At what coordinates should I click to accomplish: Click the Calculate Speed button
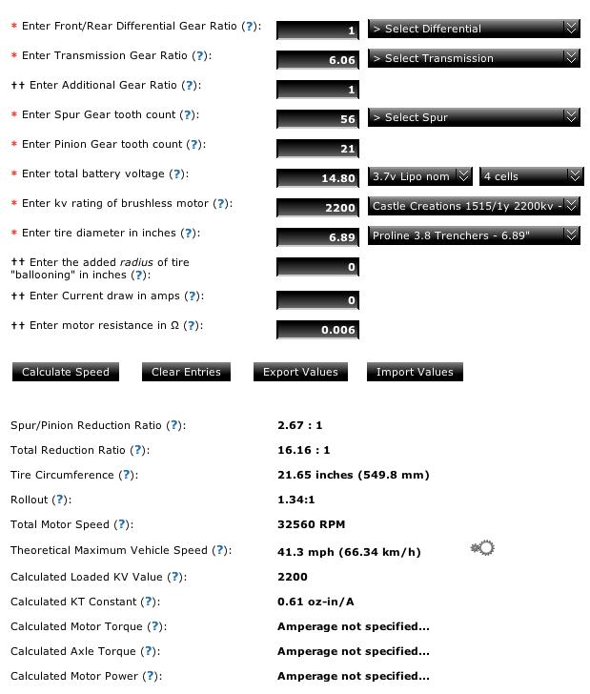pos(66,372)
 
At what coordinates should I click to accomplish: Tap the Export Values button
pos(300,372)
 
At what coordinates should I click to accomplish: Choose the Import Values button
pos(415,372)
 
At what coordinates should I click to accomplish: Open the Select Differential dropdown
pos(474,29)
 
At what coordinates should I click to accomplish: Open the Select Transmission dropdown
pos(474,58)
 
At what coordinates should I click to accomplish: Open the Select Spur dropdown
pos(474,117)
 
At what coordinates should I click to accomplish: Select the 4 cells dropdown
pos(531,176)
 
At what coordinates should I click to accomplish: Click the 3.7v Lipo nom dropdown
pos(420,176)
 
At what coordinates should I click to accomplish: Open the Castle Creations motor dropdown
pos(474,206)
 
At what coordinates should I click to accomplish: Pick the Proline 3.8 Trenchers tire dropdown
pos(474,235)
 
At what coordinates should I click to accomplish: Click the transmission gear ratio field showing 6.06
pos(318,60)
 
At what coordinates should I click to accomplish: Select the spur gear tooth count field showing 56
pos(318,119)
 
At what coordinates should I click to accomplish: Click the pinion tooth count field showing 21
pos(318,149)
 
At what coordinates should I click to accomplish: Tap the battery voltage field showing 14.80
pos(318,178)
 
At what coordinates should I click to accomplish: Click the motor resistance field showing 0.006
pos(318,330)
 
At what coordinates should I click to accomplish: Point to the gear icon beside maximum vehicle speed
pos(483,548)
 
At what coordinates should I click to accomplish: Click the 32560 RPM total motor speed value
pos(312,524)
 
